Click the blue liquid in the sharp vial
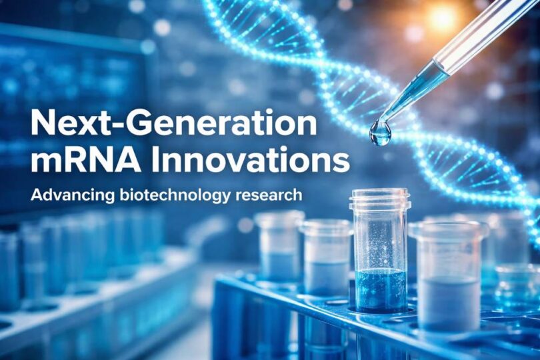coord(381,289)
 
